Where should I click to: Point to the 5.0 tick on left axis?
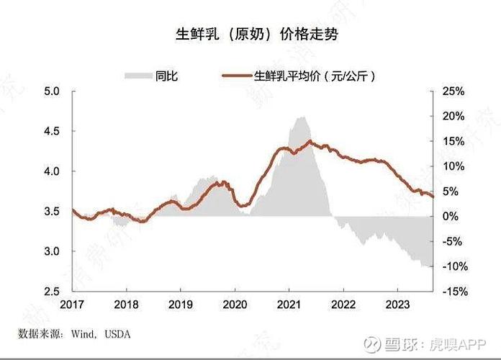(53, 91)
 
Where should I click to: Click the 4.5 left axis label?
(53, 132)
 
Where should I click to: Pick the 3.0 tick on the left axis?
(53, 251)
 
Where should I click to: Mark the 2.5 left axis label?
(53, 291)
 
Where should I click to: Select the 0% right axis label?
(448, 216)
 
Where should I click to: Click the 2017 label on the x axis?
(73, 305)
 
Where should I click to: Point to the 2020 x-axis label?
(235, 305)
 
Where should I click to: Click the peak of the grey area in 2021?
(301, 117)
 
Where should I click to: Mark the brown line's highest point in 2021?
(310, 140)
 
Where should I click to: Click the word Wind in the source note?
(83, 334)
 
